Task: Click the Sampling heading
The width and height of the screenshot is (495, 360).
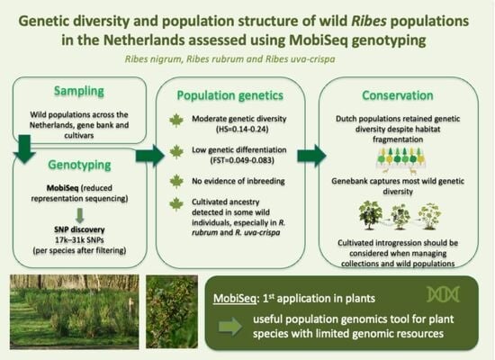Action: pos(79,91)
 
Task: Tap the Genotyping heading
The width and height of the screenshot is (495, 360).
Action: pos(79,165)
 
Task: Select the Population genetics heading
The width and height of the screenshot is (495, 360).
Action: pos(230,95)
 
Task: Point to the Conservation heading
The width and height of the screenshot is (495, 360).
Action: pos(398,95)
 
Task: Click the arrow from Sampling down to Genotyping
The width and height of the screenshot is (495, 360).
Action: pos(24,149)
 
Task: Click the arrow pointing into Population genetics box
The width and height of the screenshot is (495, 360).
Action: pos(150,156)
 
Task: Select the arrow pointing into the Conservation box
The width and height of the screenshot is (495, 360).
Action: pos(312,156)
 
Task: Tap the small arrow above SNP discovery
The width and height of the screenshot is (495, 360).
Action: pos(80,216)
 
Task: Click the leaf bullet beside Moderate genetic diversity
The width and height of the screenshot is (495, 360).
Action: pos(176,121)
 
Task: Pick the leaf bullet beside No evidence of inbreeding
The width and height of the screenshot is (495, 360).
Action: pos(176,181)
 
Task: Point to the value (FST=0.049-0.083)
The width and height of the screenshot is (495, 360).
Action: pos(242,160)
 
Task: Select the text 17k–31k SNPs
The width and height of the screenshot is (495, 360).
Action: pos(79,240)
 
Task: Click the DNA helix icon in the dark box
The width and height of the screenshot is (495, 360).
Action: pos(443,294)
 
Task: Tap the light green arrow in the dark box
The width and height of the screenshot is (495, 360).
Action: pos(230,327)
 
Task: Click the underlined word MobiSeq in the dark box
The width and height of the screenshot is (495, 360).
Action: pos(235,299)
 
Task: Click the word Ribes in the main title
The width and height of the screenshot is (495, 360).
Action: pos(369,22)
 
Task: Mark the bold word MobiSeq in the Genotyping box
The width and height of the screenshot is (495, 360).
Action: pos(62,188)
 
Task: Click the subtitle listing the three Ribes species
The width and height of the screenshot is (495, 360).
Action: pos(229,59)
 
